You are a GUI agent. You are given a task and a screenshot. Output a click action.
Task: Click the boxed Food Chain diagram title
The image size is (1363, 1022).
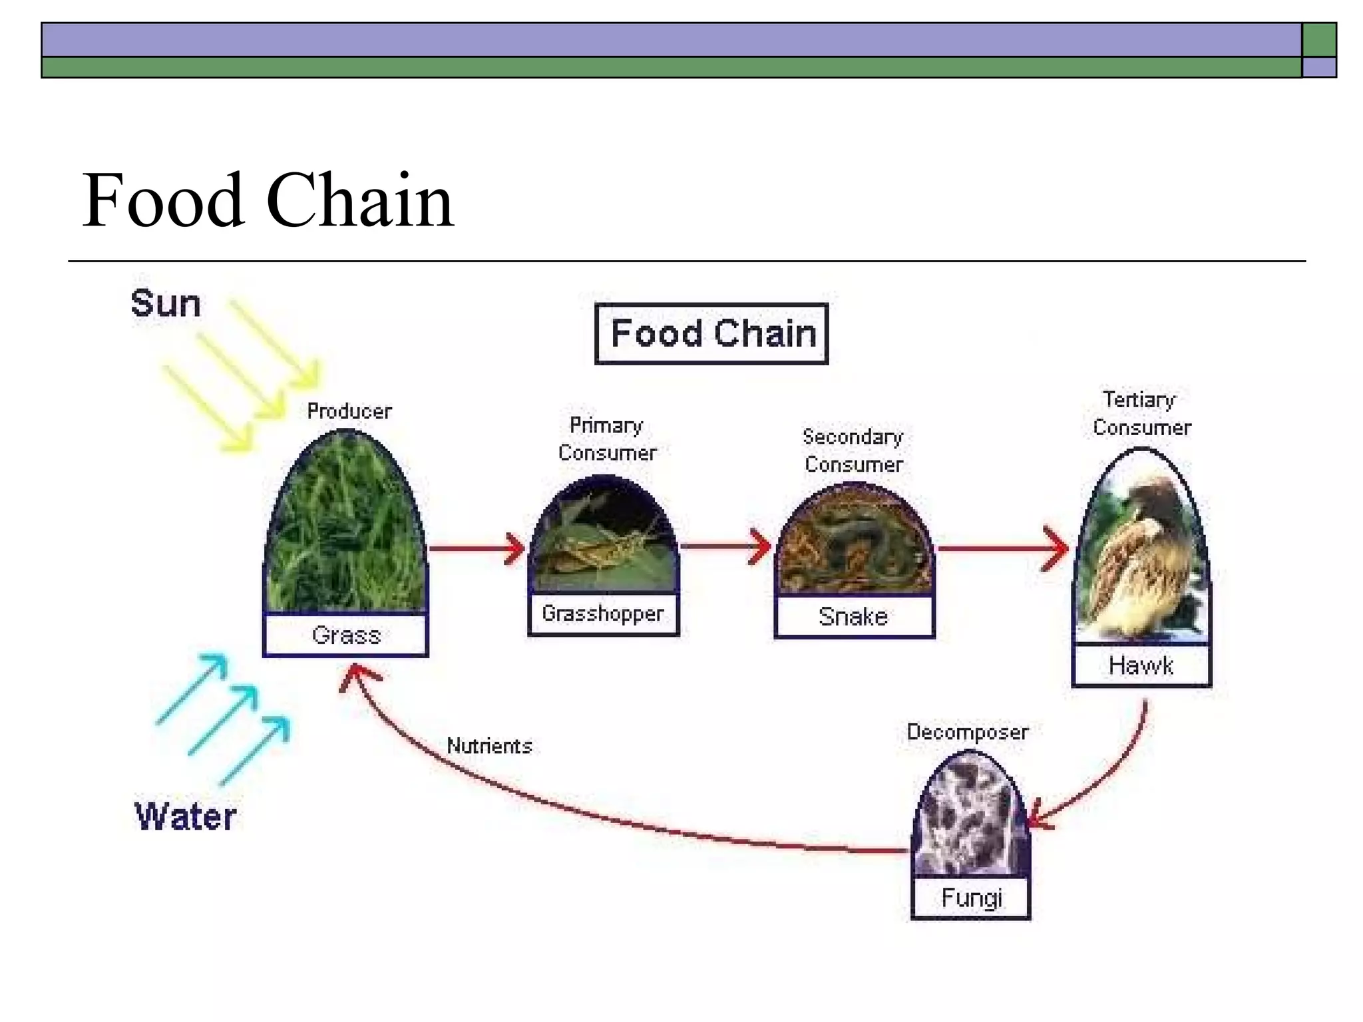tap(711, 333)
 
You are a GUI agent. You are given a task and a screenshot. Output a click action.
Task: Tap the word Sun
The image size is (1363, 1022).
tap(165, 304)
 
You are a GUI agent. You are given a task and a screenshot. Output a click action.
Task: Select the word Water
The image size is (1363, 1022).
tap(185, 816)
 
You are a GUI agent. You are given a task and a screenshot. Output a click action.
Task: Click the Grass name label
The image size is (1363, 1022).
tap(345, 635)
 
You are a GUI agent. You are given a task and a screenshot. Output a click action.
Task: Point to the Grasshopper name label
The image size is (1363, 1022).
tap(603, 613)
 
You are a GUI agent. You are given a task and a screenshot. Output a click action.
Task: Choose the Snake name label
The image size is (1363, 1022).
tap(854, 617)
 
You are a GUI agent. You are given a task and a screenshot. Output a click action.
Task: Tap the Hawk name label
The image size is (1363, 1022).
tap(1141, 665)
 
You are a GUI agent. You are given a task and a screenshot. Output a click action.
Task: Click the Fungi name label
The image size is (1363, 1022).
tap(971, 898)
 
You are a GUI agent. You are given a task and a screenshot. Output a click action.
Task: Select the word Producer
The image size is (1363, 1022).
tap(349, 411)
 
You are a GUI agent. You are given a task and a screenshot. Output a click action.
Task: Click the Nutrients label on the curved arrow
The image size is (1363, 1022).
tap(489, 746)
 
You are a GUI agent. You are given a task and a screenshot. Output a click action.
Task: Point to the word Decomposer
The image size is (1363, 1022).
tap(967, 732)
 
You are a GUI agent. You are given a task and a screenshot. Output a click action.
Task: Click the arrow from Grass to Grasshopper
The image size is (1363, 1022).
tap(477, 549)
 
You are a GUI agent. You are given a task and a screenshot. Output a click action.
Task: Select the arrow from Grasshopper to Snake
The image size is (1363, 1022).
tap(725, 546)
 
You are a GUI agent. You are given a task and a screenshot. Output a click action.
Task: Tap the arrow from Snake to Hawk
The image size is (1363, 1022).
tap(1002, 549)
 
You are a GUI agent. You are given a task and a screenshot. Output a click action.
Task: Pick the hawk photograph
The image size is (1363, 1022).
tap(1141, 552)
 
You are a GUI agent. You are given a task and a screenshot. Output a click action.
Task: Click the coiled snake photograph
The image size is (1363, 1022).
tap(855, 542)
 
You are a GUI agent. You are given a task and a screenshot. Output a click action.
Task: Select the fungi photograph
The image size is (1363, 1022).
tap(971, 818)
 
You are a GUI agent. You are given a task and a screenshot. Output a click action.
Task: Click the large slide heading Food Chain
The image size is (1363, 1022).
tap(268, 200)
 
